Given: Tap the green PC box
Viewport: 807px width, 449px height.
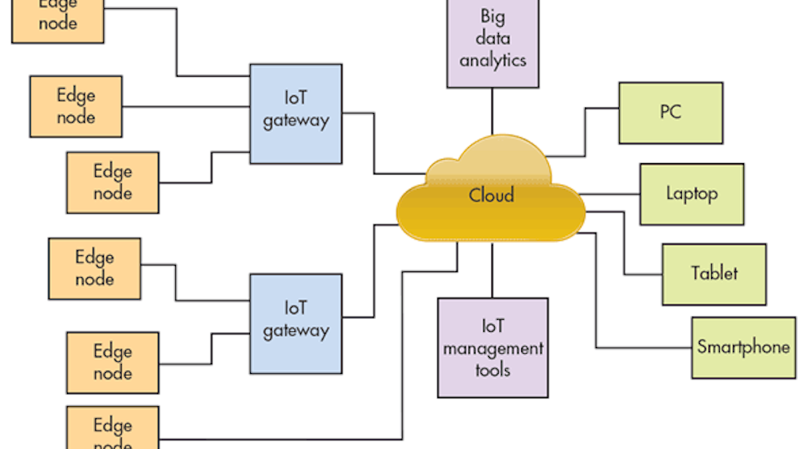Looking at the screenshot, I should click(670, 113).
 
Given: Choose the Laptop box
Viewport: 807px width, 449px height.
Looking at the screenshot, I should click(692, 194).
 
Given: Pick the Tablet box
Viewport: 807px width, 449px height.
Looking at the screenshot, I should click(714, 274).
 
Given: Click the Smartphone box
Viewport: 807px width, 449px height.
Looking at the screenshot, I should click(743, 347).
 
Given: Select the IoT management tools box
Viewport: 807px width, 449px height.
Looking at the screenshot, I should click(492, 347).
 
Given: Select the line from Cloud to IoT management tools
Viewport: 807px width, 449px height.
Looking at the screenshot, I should click(492, 271).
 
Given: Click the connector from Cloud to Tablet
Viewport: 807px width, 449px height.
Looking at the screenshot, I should click(625, 242).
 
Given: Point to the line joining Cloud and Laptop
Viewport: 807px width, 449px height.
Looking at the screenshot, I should click(609, 195).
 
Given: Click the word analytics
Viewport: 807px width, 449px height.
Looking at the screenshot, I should click(492, 61).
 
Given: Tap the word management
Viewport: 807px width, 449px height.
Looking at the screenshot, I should click(492, 349).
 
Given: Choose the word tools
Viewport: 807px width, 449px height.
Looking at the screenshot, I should click(492, 370).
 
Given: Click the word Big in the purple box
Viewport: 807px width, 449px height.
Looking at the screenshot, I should click(492, 16).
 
